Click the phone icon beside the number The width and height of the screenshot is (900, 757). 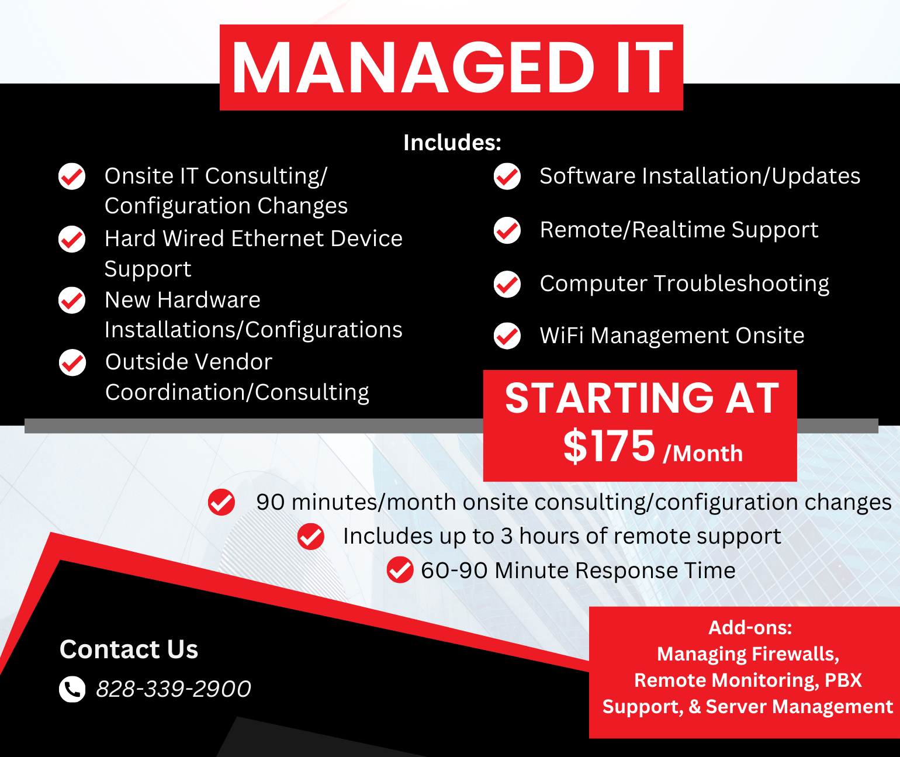tap(72, 689)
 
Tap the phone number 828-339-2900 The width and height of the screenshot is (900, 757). tap(174, 689)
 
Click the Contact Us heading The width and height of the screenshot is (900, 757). tap(129, 649)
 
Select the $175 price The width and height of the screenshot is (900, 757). tap(609, 447)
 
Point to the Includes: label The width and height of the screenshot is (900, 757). tap(452, 143)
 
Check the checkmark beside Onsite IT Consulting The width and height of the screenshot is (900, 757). tap(72, 177)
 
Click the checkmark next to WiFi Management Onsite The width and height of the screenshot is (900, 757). tap(507, 336)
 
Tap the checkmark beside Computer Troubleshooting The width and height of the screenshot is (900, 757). tap(507, 284)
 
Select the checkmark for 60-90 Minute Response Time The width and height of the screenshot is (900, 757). tap(400, 570)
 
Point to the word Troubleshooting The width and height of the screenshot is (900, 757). tap(741, 284)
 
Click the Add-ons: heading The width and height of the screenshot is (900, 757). tap(750, 628)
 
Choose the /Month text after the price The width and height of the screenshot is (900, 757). tap(703, 454)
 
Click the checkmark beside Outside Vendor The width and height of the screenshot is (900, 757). tap(72, 363)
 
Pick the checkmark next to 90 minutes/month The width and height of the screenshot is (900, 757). tap(221, 502)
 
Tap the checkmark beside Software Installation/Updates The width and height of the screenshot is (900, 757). tap(507, 177)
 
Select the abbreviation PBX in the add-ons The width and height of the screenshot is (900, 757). tap(843, 680)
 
